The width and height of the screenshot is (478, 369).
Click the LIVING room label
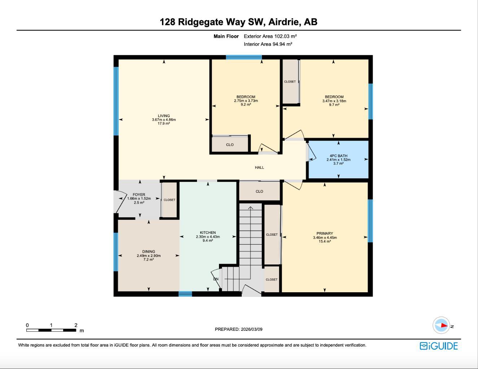pos(164,116)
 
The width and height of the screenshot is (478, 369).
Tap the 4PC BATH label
pos(338,156)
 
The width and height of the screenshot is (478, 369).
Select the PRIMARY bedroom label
pos(325,233)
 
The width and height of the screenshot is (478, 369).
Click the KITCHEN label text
pos(208,232)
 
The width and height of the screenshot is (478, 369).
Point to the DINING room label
pos(149,252)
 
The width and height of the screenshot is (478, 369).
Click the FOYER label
pos(139,195)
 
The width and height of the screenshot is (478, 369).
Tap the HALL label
pos(259,167)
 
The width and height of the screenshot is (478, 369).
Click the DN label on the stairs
pos(216,279)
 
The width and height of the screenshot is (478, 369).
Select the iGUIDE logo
pos(438,346)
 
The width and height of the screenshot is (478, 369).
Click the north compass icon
pos(441,325)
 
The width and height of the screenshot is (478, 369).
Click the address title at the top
pos(238,22)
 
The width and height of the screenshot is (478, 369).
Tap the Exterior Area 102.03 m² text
pos(270,36)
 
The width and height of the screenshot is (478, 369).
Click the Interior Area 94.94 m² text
pos(268,44)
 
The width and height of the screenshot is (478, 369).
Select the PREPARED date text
pos(238,329)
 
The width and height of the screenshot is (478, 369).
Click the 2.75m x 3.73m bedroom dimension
pos(246,101)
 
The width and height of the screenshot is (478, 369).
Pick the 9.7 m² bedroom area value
pos(334,105)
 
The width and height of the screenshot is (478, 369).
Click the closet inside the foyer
pos(169,200)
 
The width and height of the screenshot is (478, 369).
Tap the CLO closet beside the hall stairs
pos(259,191)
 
